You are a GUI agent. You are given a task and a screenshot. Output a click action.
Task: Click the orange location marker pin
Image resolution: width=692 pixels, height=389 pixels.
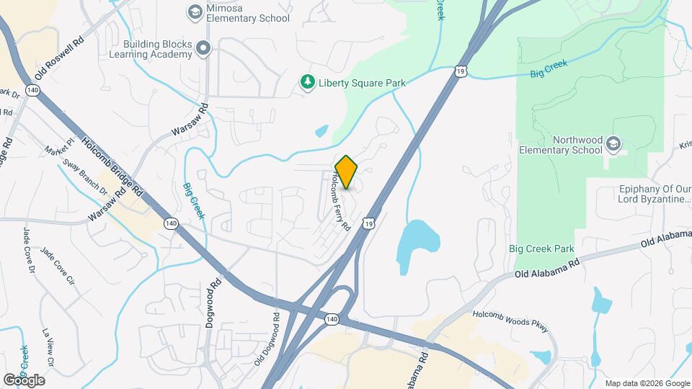(x=346, y=172)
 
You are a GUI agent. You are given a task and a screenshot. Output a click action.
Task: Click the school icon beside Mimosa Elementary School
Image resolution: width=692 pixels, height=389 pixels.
(x=194, y=12)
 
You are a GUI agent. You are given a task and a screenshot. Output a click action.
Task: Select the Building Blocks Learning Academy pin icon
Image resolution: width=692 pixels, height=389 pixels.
(x=203, y=49)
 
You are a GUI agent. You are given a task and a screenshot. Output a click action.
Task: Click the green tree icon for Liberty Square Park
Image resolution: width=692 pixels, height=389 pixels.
(x=308, y=83)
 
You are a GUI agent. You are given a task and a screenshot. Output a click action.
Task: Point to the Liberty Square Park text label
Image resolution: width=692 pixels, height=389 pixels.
(x=364, y=84)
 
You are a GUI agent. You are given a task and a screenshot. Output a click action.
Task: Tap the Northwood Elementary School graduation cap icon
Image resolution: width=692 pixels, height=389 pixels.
(x=613, y=144)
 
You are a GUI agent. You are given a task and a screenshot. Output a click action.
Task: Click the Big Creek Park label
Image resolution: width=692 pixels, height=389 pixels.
(x=541, y=249)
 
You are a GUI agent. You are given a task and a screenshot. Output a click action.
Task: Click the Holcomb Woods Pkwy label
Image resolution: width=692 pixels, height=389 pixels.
(x=511, y=323)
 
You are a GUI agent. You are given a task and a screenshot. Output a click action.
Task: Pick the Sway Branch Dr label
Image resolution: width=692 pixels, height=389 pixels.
(x=85, y=177)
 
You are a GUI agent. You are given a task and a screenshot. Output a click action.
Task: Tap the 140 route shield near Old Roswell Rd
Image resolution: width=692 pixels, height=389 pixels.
(x=32, y=90)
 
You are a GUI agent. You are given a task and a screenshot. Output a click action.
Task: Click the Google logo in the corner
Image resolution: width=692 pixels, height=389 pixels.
(x=24, y=380)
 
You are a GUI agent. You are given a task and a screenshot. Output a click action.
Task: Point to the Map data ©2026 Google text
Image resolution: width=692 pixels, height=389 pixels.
(x=647, y=383)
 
